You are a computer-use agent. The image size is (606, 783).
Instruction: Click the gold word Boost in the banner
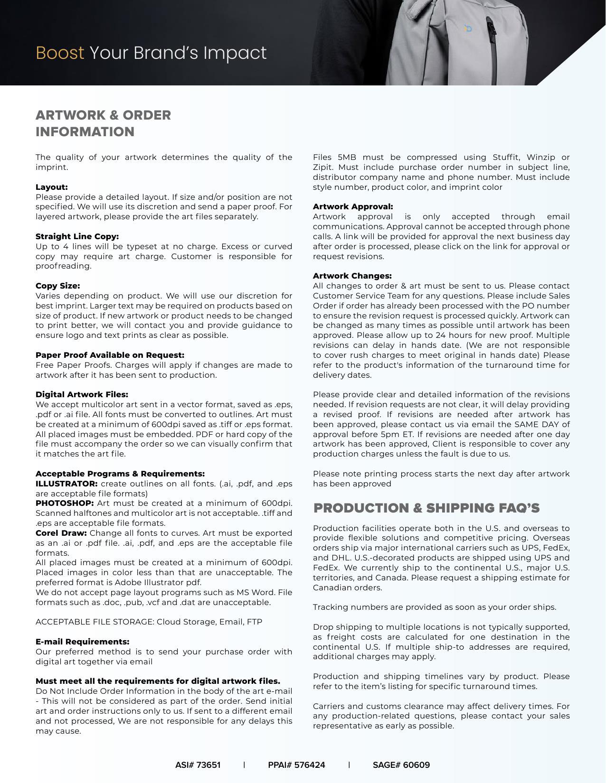60,53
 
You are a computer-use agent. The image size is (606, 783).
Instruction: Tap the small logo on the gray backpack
468,29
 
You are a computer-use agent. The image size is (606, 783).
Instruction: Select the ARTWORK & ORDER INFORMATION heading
103,123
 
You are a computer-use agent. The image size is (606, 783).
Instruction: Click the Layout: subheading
51,187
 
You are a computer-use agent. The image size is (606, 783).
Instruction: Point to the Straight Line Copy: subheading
77,236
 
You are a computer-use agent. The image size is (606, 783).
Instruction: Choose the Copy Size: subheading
57,286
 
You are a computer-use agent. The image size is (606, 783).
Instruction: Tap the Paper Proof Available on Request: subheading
110,355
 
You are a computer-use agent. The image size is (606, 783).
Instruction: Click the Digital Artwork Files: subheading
82,394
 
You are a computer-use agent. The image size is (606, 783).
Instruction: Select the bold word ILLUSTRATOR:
66,484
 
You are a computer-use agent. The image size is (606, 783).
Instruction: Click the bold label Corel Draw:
61,533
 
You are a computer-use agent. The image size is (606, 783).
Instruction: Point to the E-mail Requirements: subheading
82,642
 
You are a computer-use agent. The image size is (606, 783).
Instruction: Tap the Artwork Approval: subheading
353,206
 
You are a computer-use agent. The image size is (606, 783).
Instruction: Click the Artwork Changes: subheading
352,276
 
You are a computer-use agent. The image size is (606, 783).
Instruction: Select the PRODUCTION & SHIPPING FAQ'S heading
426,508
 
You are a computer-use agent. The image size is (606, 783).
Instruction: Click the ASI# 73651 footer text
198,765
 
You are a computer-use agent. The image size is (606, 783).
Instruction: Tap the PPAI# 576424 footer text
296,765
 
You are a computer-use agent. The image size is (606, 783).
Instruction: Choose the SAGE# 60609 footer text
401,765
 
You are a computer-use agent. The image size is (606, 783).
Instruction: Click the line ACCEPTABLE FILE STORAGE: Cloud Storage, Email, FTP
149,622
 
